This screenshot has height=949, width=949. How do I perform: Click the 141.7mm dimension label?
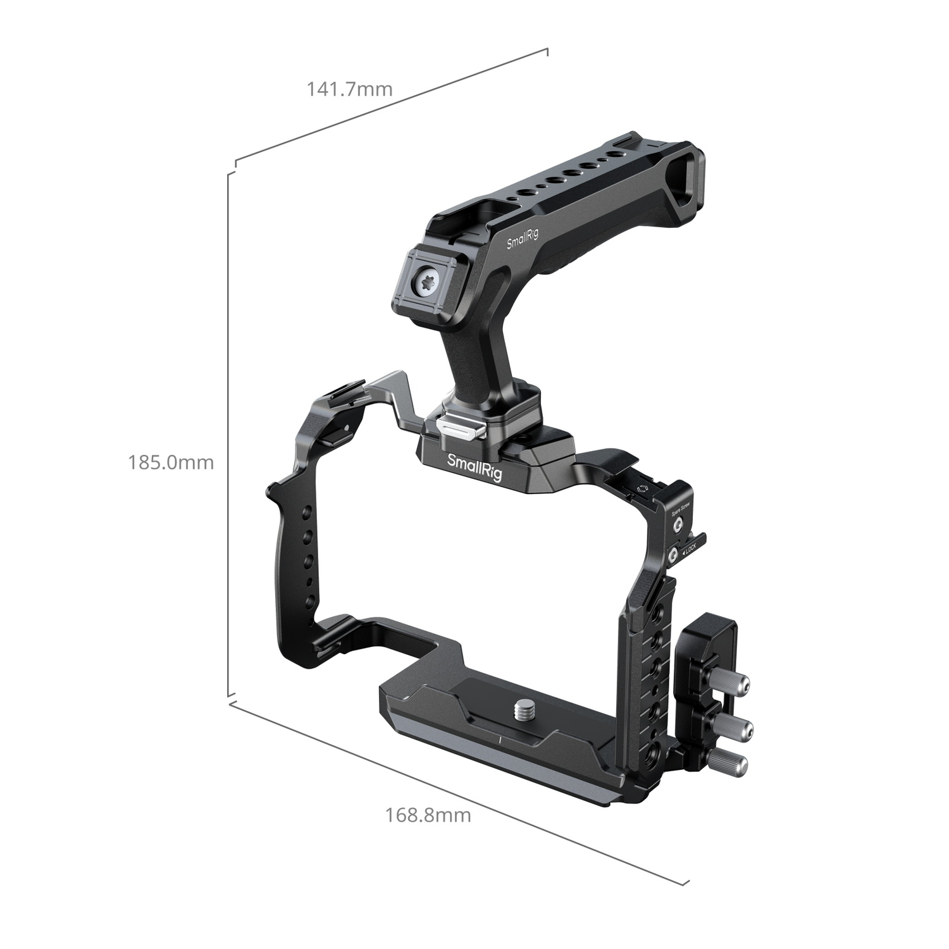click(349, 89)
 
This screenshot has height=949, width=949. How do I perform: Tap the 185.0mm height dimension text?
click(171, 462)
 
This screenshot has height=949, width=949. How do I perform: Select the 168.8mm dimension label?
click(428, 814)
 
